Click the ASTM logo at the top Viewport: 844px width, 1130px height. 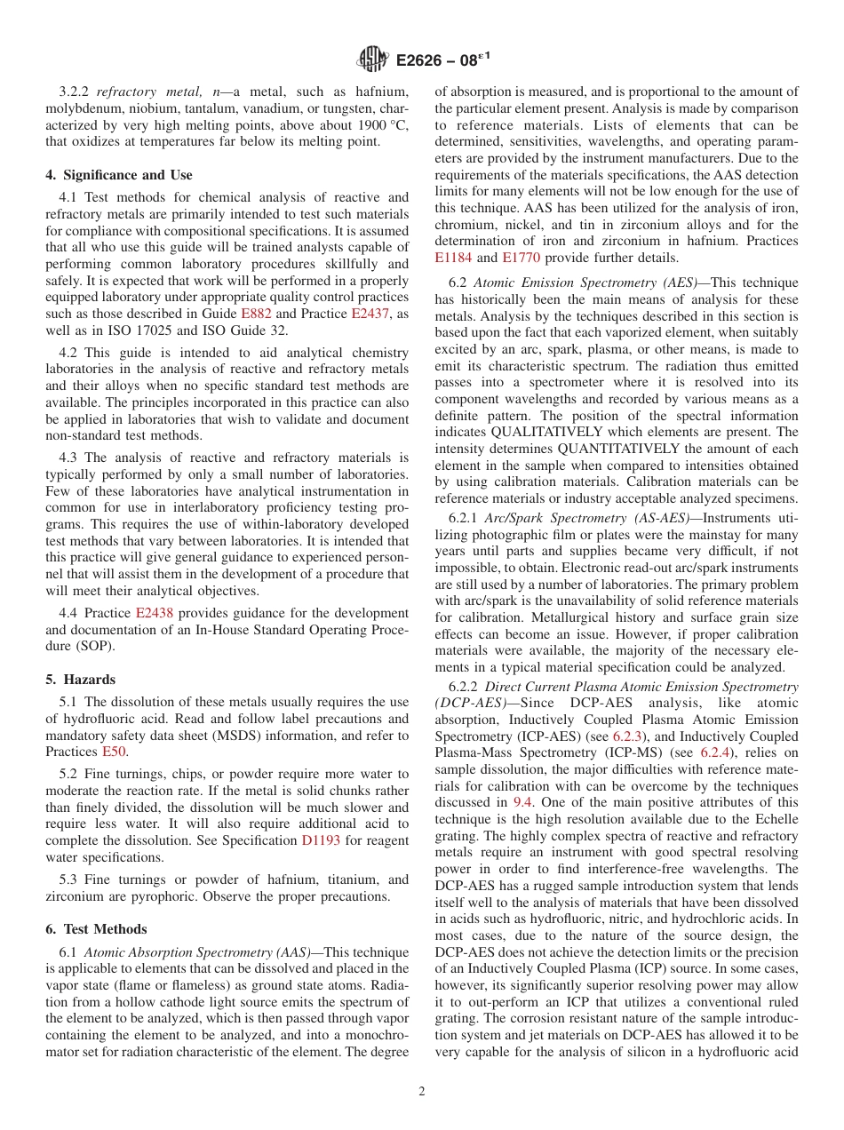372,60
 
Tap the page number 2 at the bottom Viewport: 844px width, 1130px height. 422,1091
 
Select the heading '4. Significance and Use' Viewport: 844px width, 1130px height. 119,175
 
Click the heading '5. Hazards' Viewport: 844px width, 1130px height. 81,680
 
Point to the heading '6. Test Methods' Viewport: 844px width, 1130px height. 97,929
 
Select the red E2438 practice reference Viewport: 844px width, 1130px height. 155,613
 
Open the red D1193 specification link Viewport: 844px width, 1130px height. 321,840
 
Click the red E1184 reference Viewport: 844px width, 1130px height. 453,258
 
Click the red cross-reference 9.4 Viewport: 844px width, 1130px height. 524,802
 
